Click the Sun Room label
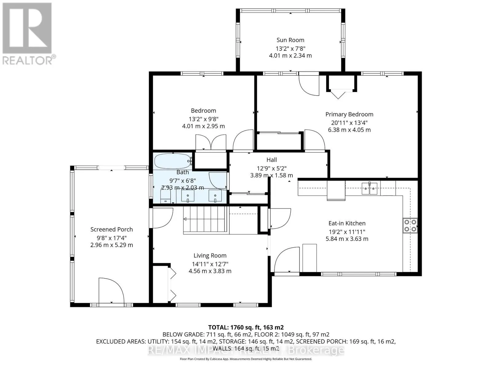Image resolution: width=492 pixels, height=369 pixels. pos(290,40)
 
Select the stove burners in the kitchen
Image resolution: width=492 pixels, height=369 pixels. pos(410,225)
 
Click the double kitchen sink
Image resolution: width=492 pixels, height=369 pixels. pos(369,188)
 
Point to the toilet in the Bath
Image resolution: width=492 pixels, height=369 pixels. pos(166,196)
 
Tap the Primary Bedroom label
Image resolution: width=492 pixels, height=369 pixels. pos(349,114)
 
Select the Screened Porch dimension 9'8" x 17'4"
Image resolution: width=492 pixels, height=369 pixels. pos(112,238)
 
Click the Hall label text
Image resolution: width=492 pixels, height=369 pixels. pos(272,160)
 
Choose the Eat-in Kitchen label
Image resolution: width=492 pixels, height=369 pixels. pos(347,223)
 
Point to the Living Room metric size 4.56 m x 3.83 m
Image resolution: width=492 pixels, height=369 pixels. pos(210,271)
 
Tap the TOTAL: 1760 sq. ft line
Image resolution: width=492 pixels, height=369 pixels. pos(246,327)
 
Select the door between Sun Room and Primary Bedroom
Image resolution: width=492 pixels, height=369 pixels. pos(309,84)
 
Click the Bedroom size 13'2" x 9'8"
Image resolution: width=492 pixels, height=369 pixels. pos(204,119)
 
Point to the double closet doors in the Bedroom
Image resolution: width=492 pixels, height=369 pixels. pos(211,142)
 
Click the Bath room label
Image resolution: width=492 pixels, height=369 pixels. pos(182,172)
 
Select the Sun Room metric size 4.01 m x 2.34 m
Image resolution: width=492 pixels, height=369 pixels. pos(290,56)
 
